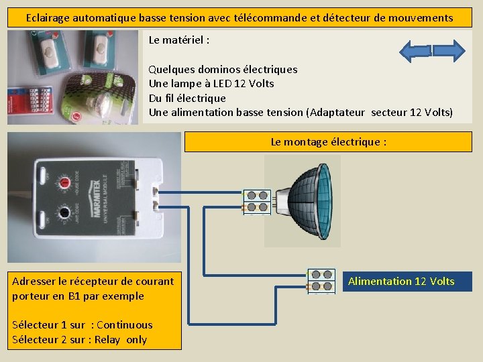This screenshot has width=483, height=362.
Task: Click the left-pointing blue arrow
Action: point(415,51)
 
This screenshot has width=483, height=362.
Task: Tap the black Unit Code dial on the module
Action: point(65,214)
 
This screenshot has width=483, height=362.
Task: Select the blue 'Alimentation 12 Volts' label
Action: point(401,282)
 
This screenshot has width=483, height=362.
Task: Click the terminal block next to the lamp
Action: point(256,202)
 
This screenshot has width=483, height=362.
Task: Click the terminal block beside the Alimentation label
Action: point(321,280)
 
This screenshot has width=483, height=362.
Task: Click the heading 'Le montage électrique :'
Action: point(328,142)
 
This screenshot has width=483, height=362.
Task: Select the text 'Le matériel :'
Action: point(178,40)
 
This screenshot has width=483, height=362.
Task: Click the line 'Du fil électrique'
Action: point(187,98)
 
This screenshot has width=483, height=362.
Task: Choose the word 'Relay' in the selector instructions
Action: point(107,340)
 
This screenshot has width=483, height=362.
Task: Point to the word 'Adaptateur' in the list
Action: point(335,113)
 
